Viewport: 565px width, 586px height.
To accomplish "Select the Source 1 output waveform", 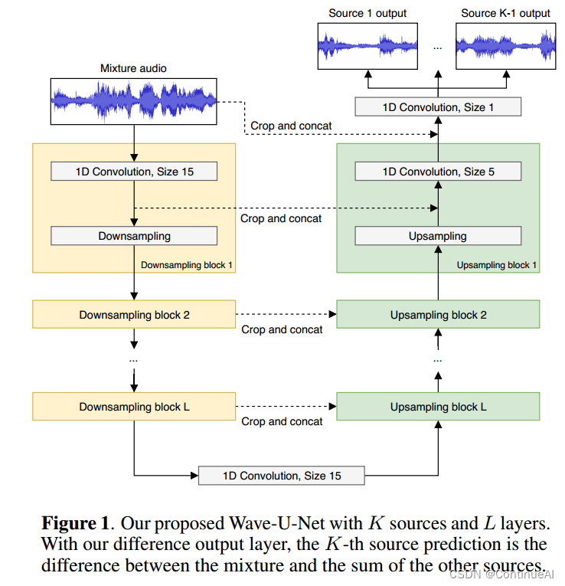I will coord(367,45).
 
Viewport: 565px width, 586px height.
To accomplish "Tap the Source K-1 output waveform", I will coord(505,45).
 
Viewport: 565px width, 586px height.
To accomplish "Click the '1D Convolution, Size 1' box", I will coord(438,107).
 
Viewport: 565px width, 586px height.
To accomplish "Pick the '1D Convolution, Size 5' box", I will coord(438,172).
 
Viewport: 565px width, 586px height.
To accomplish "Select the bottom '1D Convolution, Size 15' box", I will coord(282,476).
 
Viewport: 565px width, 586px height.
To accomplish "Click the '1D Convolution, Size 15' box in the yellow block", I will coord(134,172).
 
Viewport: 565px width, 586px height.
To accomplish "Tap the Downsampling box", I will coord(134,236).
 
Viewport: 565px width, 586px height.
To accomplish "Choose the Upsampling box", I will coord(438,236).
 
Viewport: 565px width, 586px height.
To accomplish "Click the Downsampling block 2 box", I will coord(134,314).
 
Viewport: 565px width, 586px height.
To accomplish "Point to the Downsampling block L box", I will coord(134,406).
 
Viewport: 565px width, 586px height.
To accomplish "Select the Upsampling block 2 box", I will coord(438,314).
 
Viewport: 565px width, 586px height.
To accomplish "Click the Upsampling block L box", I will coord(438,406).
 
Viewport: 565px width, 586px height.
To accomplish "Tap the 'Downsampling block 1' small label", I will coord(187,265).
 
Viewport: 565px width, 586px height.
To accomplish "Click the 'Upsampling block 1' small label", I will coord(496,265).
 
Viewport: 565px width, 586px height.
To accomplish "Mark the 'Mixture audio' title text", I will coord(133,68).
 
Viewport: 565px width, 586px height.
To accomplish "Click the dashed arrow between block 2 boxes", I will coord(286,314).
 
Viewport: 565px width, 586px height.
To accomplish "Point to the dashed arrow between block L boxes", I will coord(286,406).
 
